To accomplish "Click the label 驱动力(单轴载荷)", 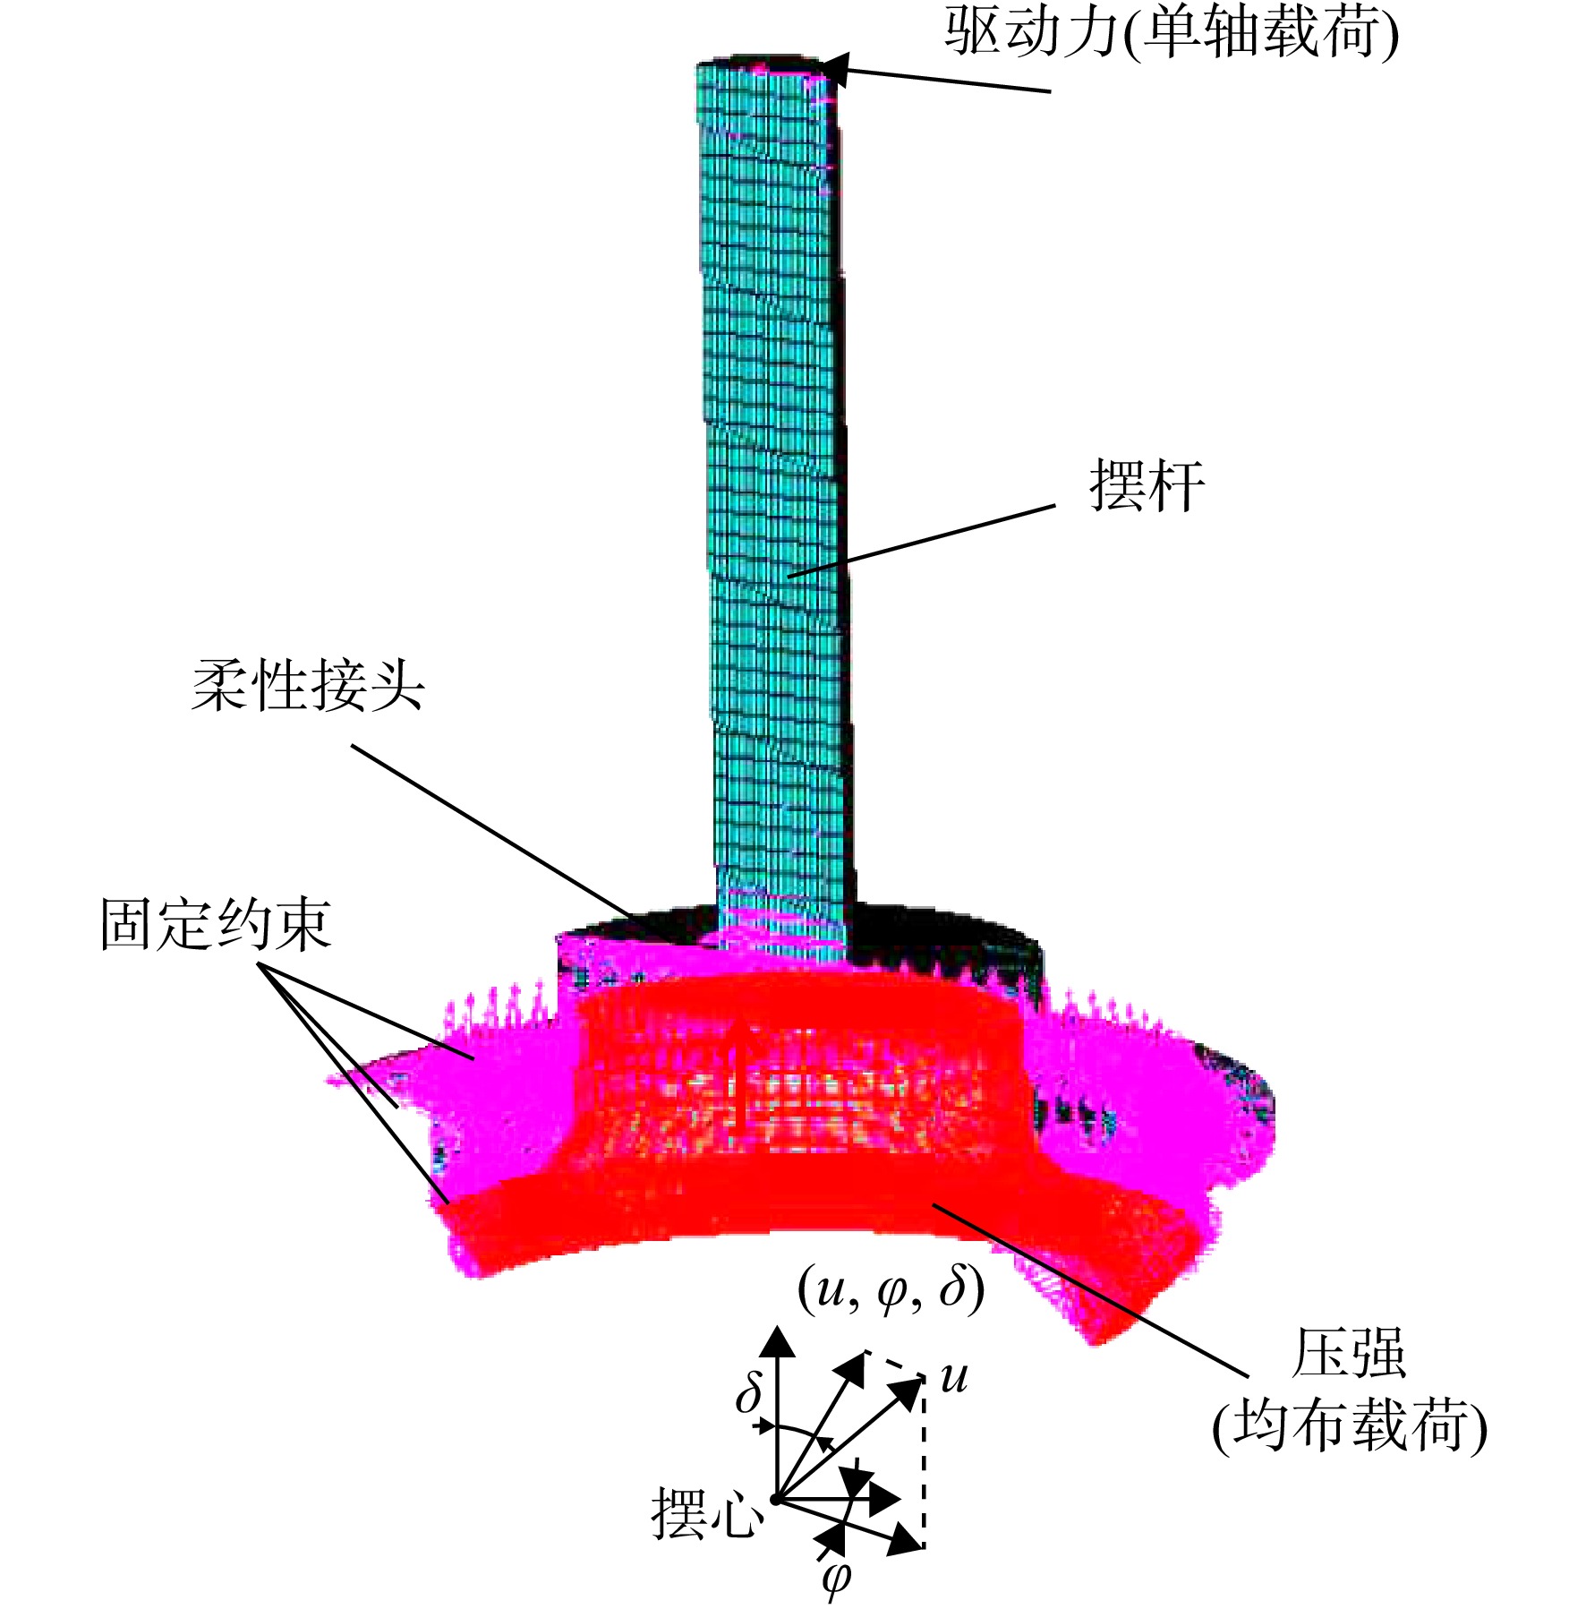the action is pyautogui.click(x=1172, y=34).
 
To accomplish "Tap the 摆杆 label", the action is pyautogui.click(x=1147, y=486).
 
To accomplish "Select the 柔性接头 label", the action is pyautogui.click(x=307, y=686).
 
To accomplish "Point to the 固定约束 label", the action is pyautogui.click(x=216, y=924).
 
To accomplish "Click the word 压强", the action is pyautogui.click(x=1349, y=1352).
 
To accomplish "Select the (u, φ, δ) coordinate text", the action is pyautogui.click(x=891, y=1290).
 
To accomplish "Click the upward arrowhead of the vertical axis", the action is pyautogui.click(x=778, y=1344).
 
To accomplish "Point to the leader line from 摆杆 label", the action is pyautogui.click(x=922, y=541).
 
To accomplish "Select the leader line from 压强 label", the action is pyautogui.click(x=1090, y=1288).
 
